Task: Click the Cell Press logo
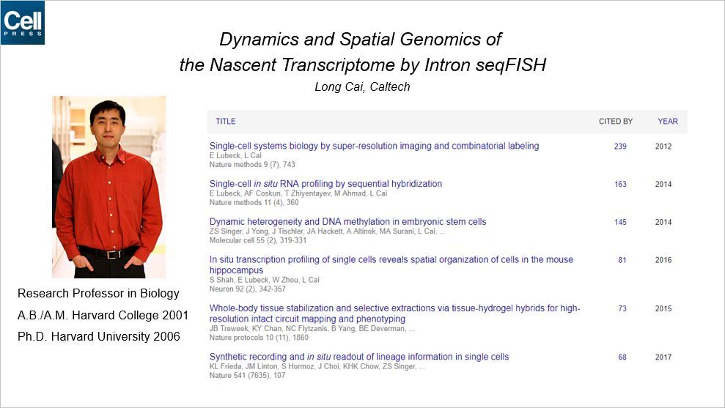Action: click(23, 23)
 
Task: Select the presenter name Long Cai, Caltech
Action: click(362, 87)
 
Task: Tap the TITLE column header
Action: click(226, 122)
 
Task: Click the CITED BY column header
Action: click(616, 122)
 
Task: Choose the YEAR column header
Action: click(668, 122)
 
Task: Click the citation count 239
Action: click(620, 146)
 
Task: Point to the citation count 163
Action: click(620, 185)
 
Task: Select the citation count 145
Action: click(620, 222)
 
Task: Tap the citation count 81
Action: click(622, 260)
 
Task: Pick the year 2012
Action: click(663, 146)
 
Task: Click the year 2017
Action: click(663, 357)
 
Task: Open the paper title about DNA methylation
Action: click(347, 222)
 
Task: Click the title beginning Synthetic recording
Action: click(358, 357)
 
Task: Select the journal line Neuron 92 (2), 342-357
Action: click(247, 289)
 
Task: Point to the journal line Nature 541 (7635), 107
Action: click(247, 375)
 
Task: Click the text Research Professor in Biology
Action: click(98, 294)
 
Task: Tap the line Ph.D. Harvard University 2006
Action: click(98, 336)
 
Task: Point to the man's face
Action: click(107, 124)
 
